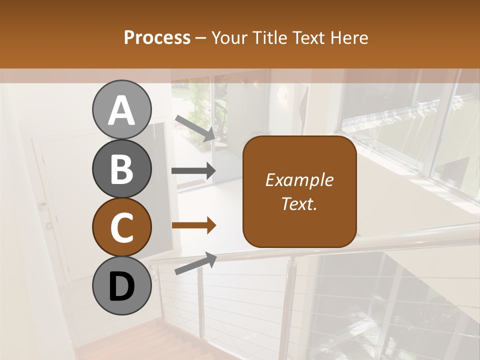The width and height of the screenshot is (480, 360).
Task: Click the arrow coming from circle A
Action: tap(195, 127)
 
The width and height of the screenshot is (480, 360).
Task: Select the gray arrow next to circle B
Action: tap(193, 171)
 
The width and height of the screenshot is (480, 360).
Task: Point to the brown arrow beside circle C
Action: tap(193, 225)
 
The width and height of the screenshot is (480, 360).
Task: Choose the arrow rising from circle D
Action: tap(195, 264)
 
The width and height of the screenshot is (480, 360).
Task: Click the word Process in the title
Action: tap(157, 37)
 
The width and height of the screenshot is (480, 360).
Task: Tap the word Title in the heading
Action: tap(268, 37)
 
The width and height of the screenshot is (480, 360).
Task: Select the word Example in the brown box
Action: tap(299, 180)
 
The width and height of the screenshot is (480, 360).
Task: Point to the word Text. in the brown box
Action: tap(299, 203)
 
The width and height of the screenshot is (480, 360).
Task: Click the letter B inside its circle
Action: tap(121, 169)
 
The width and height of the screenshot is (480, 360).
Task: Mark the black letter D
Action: tap(121, 287)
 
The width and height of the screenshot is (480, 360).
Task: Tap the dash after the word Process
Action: tap(201, 38)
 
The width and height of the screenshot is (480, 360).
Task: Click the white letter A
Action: tap(121, 110)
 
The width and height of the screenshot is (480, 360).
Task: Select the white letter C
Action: tap(121, 228)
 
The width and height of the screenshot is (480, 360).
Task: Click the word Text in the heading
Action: tap(308, 37)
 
